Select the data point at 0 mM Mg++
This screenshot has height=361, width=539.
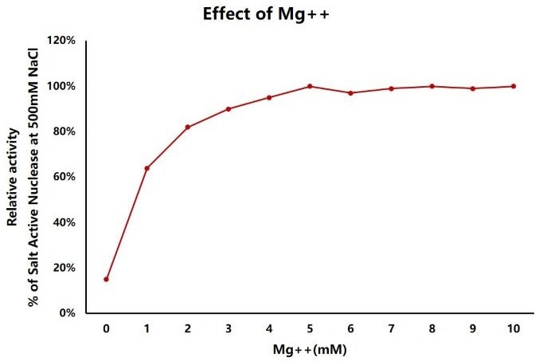point(106,279)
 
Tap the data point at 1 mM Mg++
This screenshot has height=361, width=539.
point(146,168)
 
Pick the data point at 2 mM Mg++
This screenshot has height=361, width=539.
point(187,127)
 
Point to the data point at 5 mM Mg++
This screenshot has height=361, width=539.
point(310,86)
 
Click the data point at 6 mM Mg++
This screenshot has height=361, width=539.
point(350,93)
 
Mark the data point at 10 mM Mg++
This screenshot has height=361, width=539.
point(514,86)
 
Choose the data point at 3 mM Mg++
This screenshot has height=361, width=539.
point(228,108)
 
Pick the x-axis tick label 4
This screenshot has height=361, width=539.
point(269,328)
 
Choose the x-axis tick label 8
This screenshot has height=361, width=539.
point(432,328)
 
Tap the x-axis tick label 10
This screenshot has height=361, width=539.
point(514,328)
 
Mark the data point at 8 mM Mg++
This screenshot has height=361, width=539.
point(432,86)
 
